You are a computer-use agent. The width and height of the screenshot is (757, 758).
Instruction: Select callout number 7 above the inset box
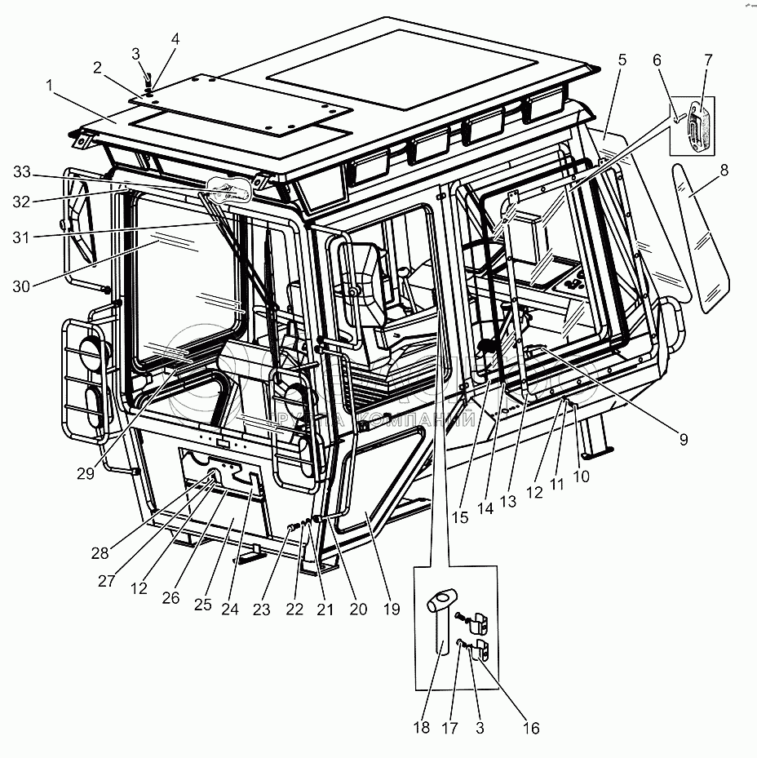707,60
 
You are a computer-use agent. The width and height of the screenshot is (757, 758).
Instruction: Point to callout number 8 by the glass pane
724,170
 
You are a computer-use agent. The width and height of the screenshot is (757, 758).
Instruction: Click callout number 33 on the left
22,171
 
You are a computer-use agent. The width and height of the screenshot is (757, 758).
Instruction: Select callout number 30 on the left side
22,286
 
